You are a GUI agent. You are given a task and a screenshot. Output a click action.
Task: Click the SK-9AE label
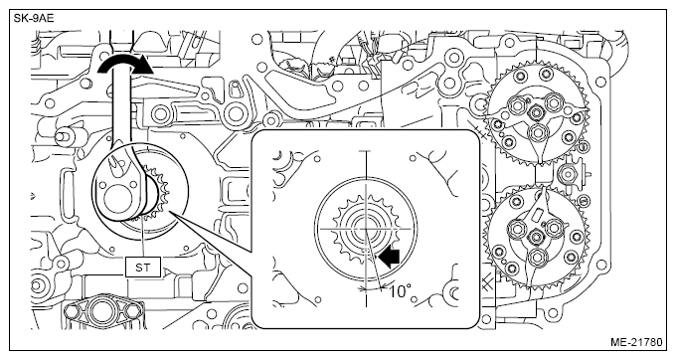pos(34,19)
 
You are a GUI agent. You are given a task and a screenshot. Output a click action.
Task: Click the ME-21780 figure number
pos(635,342)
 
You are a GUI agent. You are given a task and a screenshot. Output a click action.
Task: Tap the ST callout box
pos(143,268)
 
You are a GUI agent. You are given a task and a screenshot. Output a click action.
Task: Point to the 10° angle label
pos(400,292)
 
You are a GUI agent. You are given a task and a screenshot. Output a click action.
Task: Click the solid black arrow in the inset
pos(389,258)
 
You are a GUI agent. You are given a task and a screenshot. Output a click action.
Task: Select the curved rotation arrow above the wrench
pos(125,65)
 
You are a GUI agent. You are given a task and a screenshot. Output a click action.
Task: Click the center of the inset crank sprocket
pos(366,228)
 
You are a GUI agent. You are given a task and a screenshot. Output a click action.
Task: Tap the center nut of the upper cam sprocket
pos(537,113)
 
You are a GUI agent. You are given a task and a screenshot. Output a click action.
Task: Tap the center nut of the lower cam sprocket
pos(537,237)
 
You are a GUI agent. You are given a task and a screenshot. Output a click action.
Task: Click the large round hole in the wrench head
pos(117,200)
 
